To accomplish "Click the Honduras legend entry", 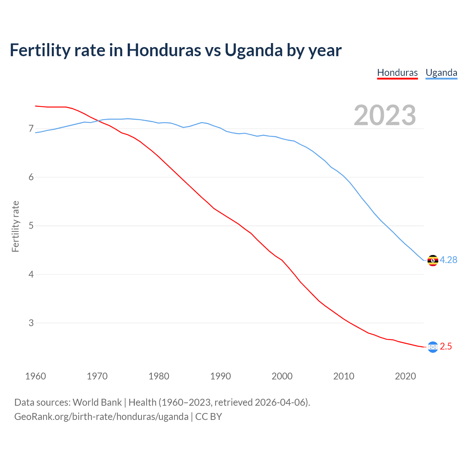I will tap(397, 73).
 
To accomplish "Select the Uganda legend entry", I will tap(441, 73).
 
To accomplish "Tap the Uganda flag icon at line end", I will tap(433, 260).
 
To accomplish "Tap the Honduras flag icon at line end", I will tap(433, 347).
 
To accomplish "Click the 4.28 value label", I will tap(448, 260).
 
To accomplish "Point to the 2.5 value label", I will tap(446, 347).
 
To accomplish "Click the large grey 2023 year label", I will tap(385, 115).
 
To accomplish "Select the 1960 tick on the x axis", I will tap(35, 376).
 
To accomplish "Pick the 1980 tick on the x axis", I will tap(159, 376).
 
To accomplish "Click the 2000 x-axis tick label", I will tap(282, 376).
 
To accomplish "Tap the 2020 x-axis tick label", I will tap(405, 376).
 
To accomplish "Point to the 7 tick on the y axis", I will tap(31, 129).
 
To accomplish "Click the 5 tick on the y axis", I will tap(31, 226).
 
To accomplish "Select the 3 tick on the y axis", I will tap(31, 323).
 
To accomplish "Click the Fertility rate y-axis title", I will tap(15, 226).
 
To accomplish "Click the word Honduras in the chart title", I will tap(164, 50).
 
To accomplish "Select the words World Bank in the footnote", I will tap(97, 402).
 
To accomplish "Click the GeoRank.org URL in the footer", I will tap(101, 417).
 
